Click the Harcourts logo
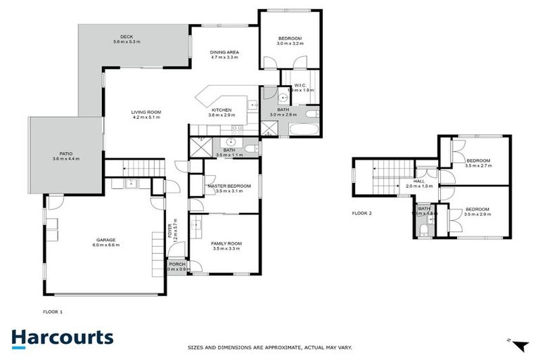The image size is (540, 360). (62, 337)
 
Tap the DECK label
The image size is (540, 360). (127, 37)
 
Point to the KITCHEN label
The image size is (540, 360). (222, 110)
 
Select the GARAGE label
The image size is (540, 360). (106, 240)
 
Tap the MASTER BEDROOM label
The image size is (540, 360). (225, 186)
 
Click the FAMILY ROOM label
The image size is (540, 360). (226, 243)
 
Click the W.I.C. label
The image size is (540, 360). (301, 85)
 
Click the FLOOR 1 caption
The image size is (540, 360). (53, 310)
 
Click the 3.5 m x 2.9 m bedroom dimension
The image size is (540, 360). (477, 214)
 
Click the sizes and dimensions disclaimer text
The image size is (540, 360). (269, 347)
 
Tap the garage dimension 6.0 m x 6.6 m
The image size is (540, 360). (106, 245)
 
